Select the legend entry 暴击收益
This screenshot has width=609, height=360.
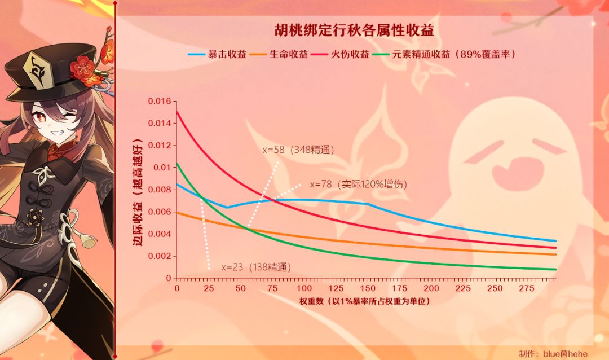pyautogui.click(x=219, y=55)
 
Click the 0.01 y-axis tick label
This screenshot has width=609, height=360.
pyautogui.click(x=161, y=168)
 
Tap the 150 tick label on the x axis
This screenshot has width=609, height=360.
pyautogui.click(x=368, y=288)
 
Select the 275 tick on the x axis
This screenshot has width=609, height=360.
pyautogui.click(x=526, y=288)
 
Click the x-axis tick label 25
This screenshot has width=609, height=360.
pyautogui.click(x=209, y=288)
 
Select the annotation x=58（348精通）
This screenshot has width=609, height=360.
pyautogui.click(x=299, y=150)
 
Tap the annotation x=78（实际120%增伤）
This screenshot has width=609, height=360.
pyautogui.click(x=359, y=185)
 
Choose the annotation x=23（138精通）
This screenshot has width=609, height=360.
pyautogui.click(x=257, y=267)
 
